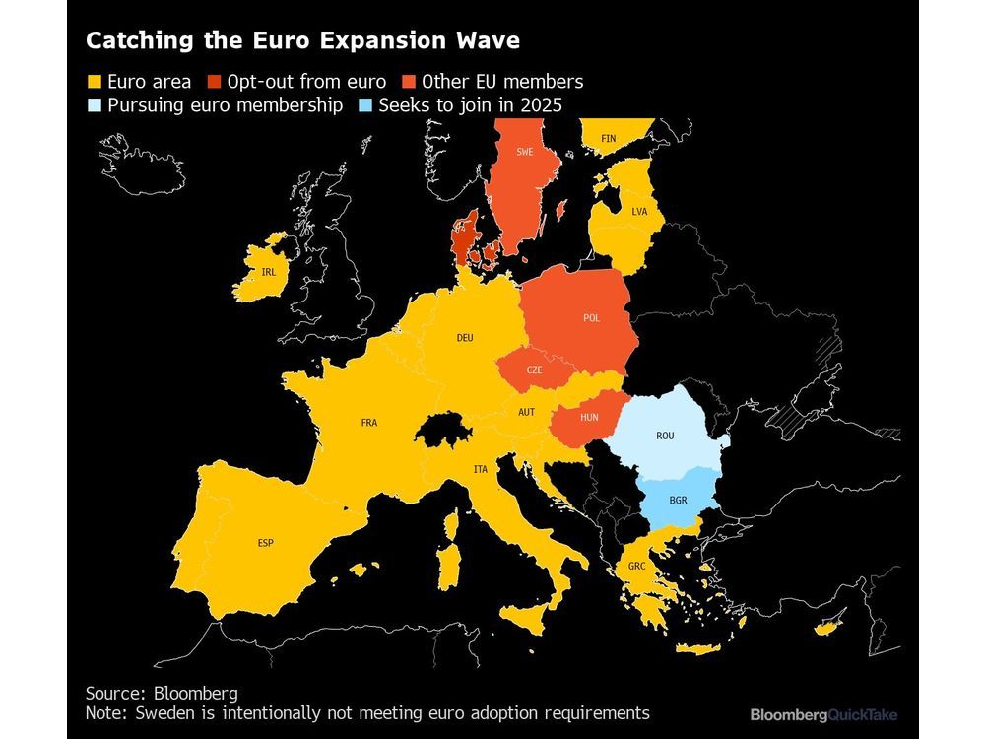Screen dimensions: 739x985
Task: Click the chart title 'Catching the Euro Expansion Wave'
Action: click(x=302, y=41)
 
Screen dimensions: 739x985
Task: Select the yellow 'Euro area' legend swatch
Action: click(x=95, y=82)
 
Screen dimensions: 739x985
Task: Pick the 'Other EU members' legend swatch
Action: click(x=407, y=82)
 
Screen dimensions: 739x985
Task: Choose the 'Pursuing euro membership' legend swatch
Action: click(x=95, y=105)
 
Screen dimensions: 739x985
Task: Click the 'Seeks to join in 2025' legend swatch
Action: click(x=361, y=105)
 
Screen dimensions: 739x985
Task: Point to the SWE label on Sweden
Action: click(x=524, y=152)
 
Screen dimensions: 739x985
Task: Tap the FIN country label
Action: click(x=609, y=139)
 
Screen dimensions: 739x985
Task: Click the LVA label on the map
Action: click(x=639, y=212)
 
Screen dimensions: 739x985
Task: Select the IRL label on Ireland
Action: click(x=269, y=272)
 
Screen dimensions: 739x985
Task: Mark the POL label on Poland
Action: click(x=591, y=318)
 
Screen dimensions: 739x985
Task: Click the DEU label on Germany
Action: click(x=465, y=338)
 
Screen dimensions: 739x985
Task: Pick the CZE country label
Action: click(x=534, y=369)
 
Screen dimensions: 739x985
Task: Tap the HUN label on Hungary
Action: click(x=589, y=418)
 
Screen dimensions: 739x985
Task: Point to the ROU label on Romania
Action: click(x=665, y=435)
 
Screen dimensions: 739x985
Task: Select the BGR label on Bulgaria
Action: click(x=678, y=501)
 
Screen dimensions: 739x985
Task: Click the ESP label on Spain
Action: click(x=266, y=543)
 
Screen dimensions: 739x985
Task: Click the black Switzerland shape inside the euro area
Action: click(x=439, y=430)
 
